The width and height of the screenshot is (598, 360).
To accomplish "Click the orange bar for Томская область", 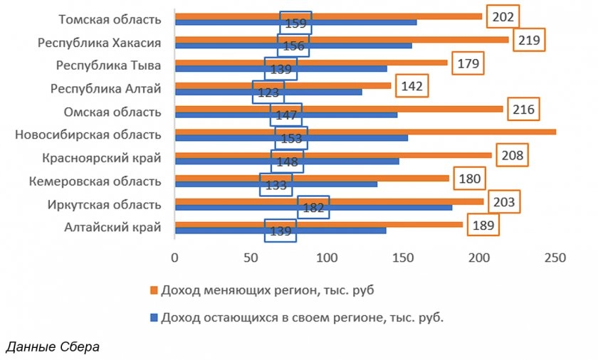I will (x=327, y=16).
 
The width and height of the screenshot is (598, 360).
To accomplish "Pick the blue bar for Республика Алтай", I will (x=313, y=92).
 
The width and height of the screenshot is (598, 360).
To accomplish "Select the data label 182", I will (x=313, y=208).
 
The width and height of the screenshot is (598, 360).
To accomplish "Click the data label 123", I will (x=268, y=92).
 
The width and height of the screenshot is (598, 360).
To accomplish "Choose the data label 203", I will (x=503, y=201).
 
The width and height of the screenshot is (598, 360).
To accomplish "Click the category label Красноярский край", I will (x=102, y=158).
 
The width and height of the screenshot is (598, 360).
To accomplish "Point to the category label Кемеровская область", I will (x=95, y=181).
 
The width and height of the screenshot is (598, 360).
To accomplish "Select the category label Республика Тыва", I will (x=108, y=65).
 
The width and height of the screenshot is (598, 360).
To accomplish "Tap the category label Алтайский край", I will (x=112, y=228).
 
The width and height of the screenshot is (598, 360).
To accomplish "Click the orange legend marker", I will (x=154, y=290).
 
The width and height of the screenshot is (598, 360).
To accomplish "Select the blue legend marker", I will (x=154, y=317).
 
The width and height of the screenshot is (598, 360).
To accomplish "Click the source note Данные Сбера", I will (x=53, y=346).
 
